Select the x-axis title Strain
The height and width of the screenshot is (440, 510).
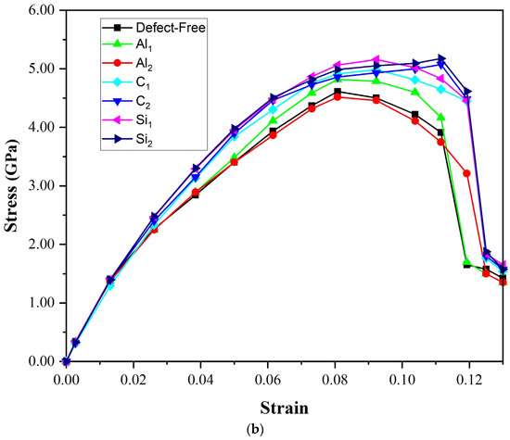point(285,407)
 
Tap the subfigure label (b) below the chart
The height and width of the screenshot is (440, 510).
point(285,431)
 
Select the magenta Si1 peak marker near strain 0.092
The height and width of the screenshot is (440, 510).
point(376,59)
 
